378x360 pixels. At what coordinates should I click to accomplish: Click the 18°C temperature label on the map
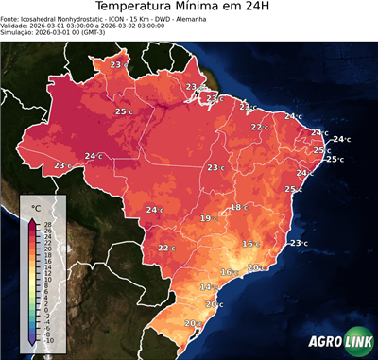pyautogui.click(x=238, y=207)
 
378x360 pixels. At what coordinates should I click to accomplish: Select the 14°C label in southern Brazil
pyautogui.click(x=207, y=286)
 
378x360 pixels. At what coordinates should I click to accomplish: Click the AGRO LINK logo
pyautogui.click(x=339, y=341)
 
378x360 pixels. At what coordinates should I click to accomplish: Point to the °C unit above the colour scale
pyautogui.click(x=36, y=207)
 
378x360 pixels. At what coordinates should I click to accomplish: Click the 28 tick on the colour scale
pyautogui.click(x=47, y=224)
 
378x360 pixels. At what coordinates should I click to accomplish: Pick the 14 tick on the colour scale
pyautogui.click(x=47, y=266)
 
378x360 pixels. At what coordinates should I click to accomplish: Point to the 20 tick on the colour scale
pyautogui.click(x=47, y=249)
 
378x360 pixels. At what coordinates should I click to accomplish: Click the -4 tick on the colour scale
pyautogui.click(x=47, y=322)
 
